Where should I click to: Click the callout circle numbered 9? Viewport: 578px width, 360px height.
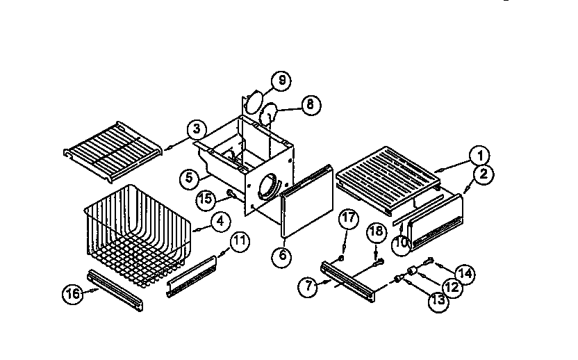coord(281,81)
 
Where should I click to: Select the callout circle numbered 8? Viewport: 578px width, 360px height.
coord(310,105)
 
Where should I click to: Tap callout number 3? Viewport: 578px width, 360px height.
coord(197,129)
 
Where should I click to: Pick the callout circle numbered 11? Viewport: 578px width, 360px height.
coord(239,242)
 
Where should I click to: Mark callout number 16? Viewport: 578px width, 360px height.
coord(72,293)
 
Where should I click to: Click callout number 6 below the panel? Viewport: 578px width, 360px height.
coord(281,254)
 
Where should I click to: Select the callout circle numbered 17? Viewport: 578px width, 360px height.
coord(349,218)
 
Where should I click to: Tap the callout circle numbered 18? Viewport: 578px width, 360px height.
coord(376,232)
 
